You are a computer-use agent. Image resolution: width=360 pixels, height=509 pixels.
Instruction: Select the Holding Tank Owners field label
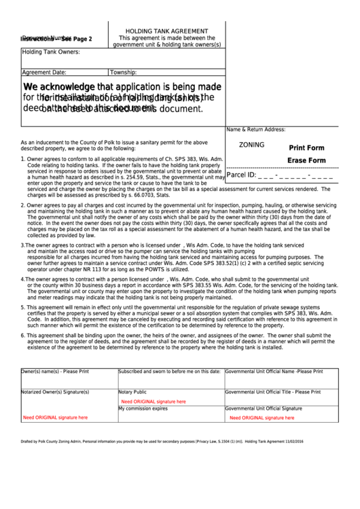pyautogui.click(x=51, y=52)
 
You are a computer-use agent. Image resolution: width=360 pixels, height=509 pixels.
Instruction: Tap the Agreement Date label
pyautogui.click(x=44, y=71)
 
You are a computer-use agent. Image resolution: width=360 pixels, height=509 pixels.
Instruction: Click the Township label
pyautogui.click(x=124, y=71)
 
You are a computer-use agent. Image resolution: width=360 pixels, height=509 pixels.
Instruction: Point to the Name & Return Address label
pyautogui.click(x=255, y=129)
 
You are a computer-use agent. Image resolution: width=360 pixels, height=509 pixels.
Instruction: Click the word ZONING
pyautogui.click(x=252, y=145)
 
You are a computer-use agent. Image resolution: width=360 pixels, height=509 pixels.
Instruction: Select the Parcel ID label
pyautogui.click(x=241, y=175)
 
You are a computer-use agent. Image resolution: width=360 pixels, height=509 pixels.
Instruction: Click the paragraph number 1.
pyautogui.click(x=22, y=159)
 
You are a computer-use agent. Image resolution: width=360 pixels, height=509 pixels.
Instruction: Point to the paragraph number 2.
pyautogui.click(x=22, y=205)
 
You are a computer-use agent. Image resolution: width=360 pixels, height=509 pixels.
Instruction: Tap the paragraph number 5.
pyautogui.click(x=22, y=307)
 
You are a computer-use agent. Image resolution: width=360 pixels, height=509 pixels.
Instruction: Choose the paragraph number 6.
pyautogui.click(x=22, y=336)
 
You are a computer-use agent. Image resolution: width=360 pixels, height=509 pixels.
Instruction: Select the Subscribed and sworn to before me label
pyautogui.click(x=169, y=372)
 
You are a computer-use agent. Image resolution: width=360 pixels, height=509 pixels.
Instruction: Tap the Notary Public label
pyautogui.click(x=132, y=392)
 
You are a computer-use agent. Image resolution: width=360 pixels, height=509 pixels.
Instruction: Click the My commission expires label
pyautogui.click(x=143, y=408)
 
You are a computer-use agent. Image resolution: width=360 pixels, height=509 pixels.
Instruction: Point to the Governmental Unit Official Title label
pyautogui.click(x=272, y=392)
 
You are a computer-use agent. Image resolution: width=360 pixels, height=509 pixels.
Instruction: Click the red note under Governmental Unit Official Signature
pyautogui.click(x=262, y=418)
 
